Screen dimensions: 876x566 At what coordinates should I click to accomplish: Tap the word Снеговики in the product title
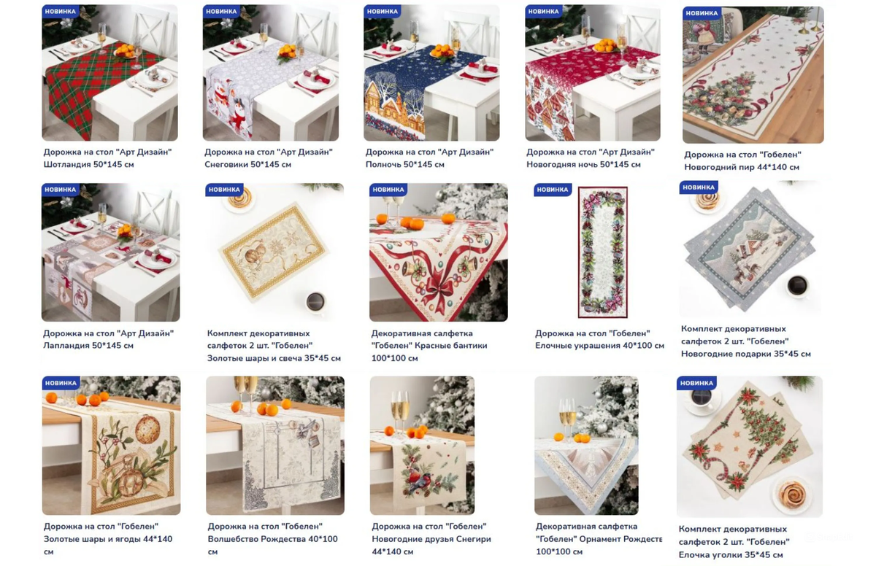tap(226, 164)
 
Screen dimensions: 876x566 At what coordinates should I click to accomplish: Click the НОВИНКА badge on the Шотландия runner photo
tap(61, 12)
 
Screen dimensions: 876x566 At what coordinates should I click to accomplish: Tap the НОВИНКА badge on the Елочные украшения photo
tap(552, 190)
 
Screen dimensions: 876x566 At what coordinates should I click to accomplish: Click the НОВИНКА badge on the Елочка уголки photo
tap(696, 383)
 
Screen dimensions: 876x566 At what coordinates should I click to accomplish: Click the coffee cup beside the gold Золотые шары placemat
tap(315, 302)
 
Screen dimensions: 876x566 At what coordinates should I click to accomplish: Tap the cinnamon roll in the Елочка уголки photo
tap(791, 495)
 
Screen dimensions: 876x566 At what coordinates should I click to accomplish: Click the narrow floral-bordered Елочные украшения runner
tap(603, 252)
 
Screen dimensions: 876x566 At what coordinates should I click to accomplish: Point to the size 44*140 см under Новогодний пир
tap(773, 167)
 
